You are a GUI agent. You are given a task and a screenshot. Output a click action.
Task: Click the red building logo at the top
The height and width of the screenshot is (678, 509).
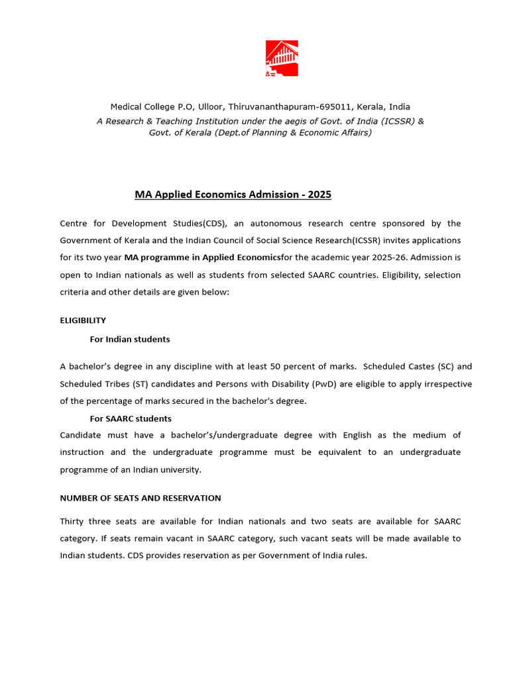point(282,59)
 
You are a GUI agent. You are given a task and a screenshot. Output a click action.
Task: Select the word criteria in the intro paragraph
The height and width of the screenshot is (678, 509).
point(76,292)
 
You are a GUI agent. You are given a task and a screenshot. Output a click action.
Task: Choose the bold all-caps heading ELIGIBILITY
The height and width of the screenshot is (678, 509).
point(83,320)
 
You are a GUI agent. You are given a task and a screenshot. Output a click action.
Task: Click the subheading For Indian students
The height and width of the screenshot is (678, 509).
point(130,339)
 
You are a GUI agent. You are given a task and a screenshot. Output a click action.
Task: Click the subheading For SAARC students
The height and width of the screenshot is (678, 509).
point(131,418)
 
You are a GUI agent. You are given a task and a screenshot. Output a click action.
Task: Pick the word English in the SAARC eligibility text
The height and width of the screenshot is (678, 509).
point(358,435)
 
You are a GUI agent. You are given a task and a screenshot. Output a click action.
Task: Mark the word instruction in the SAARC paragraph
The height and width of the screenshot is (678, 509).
point(82,452)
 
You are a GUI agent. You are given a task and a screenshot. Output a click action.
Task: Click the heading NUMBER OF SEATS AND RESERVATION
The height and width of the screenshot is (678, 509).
point(141,498)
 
